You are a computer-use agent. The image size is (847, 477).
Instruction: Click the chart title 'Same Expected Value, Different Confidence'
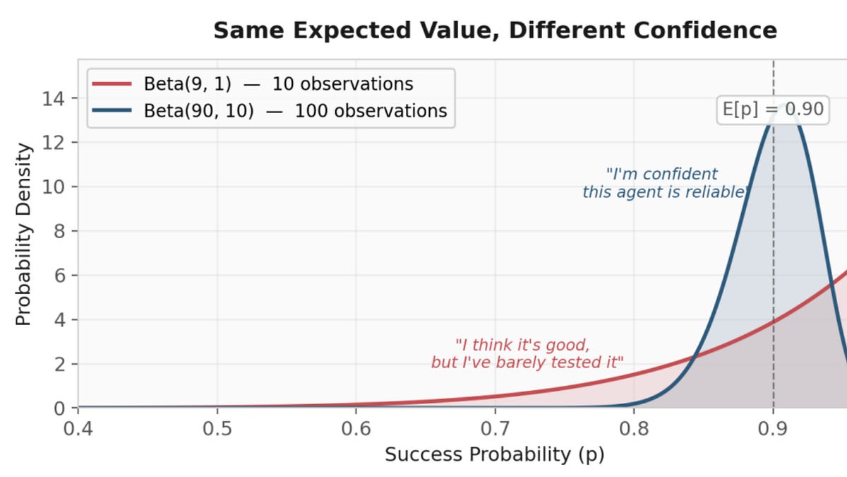[x=495, y=30]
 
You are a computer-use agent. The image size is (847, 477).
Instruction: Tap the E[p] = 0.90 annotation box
[x=773, y=109]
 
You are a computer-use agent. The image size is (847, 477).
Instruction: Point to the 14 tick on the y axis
[x=59, y=98]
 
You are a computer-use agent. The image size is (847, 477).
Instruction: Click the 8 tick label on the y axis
[x=59, y=231]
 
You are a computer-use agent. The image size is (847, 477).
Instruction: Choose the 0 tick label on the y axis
[x=59, y=408]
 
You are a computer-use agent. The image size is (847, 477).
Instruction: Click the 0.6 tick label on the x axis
[x=356, y=429]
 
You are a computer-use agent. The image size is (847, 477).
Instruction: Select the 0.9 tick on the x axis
[x=773, y=429]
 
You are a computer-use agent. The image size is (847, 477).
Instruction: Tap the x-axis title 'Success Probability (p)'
[x=494, y=454]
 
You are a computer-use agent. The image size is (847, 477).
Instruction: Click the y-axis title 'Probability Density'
[x=24, y=235]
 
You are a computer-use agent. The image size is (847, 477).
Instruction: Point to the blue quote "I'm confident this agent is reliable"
[x=663, y=183]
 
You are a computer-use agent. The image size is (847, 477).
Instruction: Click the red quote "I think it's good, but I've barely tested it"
[x=527, y=354]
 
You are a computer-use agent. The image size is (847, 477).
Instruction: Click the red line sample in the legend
[x=112, y=84]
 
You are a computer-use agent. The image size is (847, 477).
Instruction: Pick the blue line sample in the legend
[x=112, y=111]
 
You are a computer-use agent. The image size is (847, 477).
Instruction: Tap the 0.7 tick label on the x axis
[x=495, y=429]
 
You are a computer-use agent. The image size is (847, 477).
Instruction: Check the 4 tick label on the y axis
[x=59, y=319]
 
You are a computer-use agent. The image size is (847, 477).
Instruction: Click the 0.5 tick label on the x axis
[x=217, y=429]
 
